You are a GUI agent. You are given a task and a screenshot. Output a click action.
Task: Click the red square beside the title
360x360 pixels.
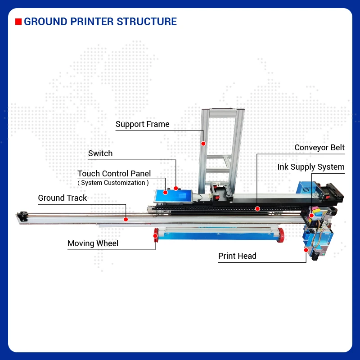pyautogui.click(x=18, y=22)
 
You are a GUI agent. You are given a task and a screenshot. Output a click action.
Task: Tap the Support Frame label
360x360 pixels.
pyautogui.click(x=142, y=124)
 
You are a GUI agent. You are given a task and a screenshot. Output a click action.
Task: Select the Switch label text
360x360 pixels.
pyautogui.click(x=100, y=153)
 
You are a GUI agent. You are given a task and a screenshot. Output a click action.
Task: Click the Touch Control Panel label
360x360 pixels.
pyautogui.click(x=114, y=174)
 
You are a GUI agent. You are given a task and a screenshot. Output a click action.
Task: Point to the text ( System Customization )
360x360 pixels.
pyautogui.click(x=113, y=183)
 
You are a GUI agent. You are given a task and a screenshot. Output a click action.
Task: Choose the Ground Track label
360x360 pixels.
pyautogui.click(x=62, y=198)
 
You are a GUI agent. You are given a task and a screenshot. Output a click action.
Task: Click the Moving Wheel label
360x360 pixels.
pyautogui.click(x=93, y=243)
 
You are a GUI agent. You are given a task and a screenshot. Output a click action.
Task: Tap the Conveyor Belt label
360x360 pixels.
pyautogui.click(x=319, y=148)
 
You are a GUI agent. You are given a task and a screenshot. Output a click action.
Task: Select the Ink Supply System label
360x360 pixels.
pyautogui.click(x=310, y=167)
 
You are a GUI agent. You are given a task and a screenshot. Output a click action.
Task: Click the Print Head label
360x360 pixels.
pyautogui.click(x=237, y=256)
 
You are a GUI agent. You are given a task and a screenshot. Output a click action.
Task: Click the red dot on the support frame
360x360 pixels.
pyautogui.click(x=203, y=144)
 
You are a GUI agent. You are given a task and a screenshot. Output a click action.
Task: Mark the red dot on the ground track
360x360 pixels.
pyautogui.click(x=126, y=220)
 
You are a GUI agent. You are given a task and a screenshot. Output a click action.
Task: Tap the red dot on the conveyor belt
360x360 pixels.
pyautogui.click(x=257, y=208)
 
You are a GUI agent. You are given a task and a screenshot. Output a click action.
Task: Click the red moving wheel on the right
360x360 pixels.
pyautogui.click(x=282, y=233)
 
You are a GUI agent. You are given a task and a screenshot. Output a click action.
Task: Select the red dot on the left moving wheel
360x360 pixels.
pyautogui.click(x=156, y=235)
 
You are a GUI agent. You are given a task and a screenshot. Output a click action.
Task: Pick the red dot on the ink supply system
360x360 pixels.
pyautogui.click(x=312, y=216)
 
